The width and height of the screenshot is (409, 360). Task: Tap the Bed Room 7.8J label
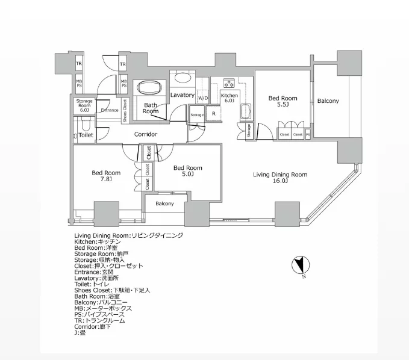coord(102,176)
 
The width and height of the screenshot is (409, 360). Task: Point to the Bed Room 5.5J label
coord(283,101)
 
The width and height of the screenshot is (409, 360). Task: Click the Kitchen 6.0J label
coord(229,98)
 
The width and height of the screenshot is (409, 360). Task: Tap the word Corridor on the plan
coord(146,134)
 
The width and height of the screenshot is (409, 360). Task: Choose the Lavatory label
coord(182,95)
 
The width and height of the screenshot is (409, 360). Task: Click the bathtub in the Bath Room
coord(148,90)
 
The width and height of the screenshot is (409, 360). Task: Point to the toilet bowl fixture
coord(86,123)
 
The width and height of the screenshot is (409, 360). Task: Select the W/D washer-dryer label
coord(203,98)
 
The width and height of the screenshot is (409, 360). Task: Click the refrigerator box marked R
coord(213,113)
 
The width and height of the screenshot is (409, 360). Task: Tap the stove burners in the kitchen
coord(229,83)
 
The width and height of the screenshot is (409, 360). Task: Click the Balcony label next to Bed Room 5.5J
coord(328,101)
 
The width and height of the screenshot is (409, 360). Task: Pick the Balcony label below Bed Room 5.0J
coord(164,203)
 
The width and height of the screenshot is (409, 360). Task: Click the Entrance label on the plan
coord(110,110)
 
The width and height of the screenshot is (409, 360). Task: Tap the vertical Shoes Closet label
coord(125,110)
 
